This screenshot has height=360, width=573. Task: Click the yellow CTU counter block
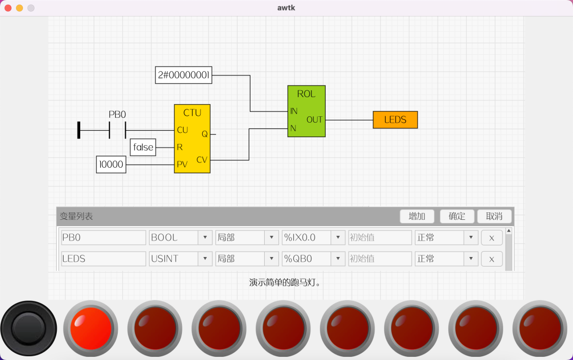click(x=192, y=139)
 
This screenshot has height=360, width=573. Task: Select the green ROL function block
click(x=306, y=111)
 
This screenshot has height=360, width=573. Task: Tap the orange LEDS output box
click(x=395, y=120)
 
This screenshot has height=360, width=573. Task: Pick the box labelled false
click(x=143, y=147)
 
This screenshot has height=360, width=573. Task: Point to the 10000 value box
click(x=111, y=165)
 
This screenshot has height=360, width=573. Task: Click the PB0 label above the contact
click(x=117, y=115)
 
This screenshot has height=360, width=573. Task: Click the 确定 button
click(x=457, y=216)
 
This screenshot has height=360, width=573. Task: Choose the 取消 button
click(x=494, y=216)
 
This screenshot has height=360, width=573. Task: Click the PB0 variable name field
click(x=103, y=237)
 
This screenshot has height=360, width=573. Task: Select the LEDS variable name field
click(x=103, y=259)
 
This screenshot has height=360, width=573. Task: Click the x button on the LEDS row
click(x=492, y=259)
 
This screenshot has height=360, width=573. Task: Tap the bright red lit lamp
click(x=91, y=328)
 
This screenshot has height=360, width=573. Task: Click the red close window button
click(x=8, y=8)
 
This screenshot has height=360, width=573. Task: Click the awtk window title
click(x=286, y=8)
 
